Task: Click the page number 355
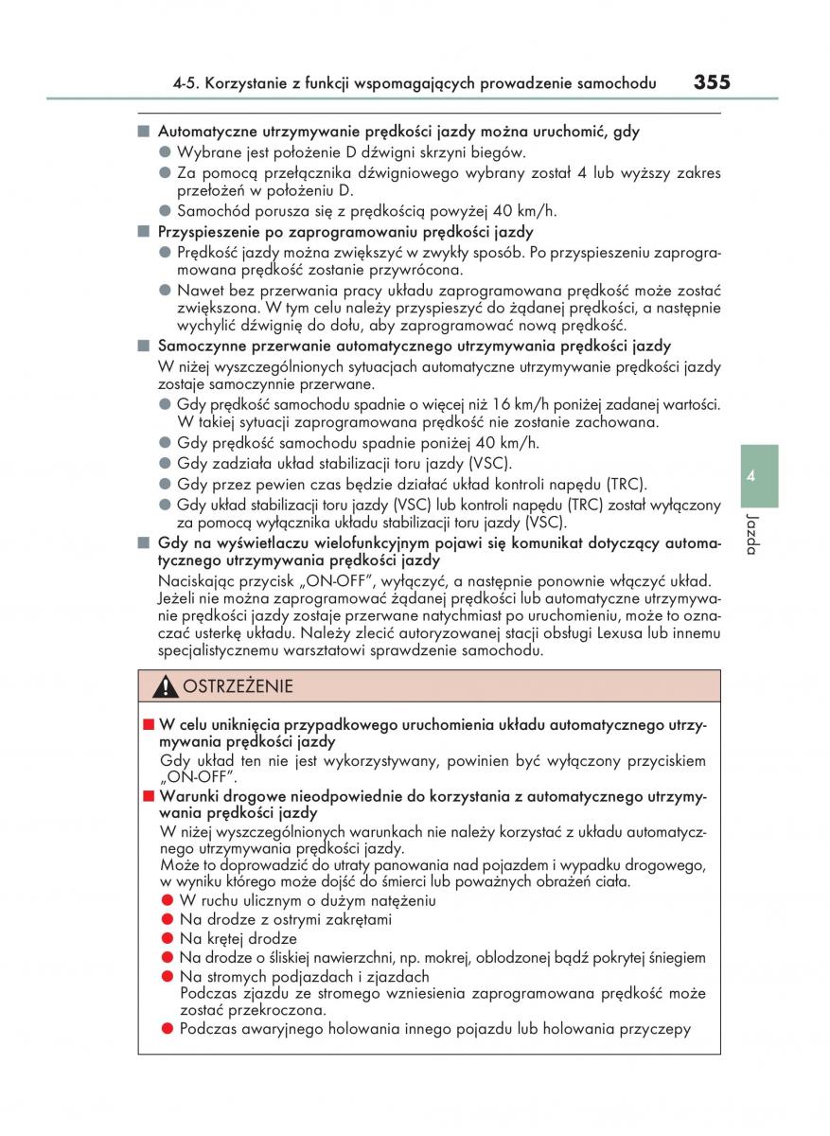point(712,82)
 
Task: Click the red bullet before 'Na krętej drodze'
point(166,939)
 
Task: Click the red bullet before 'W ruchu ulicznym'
point(166,900)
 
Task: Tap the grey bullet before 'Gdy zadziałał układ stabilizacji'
point(165,464)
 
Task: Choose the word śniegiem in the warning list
point(673,958)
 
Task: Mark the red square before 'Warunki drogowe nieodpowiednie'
point(148,797)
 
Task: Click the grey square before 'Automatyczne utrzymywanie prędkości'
point(144,132)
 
